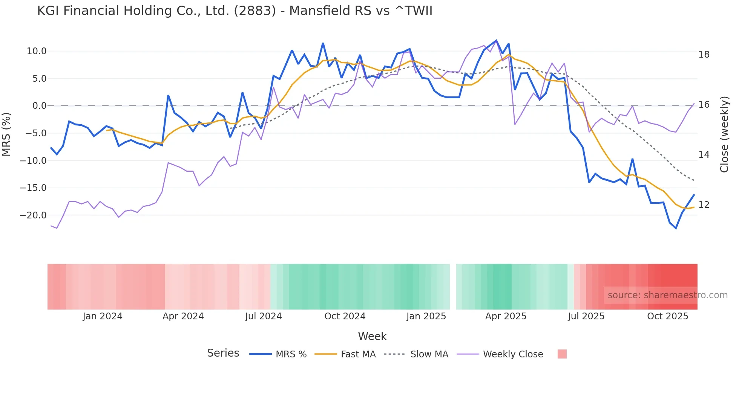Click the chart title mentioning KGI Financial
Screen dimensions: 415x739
tap(235, 11)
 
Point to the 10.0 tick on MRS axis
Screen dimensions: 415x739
tap(37, 51)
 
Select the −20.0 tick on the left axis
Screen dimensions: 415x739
tap(33, 215)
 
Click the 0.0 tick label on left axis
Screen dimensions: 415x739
tap(39, 106)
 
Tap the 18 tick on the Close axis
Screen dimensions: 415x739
tap(704, 55)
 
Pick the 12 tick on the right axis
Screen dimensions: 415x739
tap(704, 205)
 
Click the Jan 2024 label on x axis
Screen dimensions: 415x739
tap(103, 316)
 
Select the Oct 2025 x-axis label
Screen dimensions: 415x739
tap(667, 316)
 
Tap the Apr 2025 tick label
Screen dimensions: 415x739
tap(506, 316)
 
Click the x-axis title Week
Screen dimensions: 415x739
tap(372, 336)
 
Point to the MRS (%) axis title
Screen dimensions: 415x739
tap(6, 134)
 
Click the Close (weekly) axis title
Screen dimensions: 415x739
tap(724, 134)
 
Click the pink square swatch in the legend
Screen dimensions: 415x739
tap(562, 354)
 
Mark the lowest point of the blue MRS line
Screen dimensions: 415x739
tap(676, 228)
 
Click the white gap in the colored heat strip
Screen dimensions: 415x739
tap(453, 287)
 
